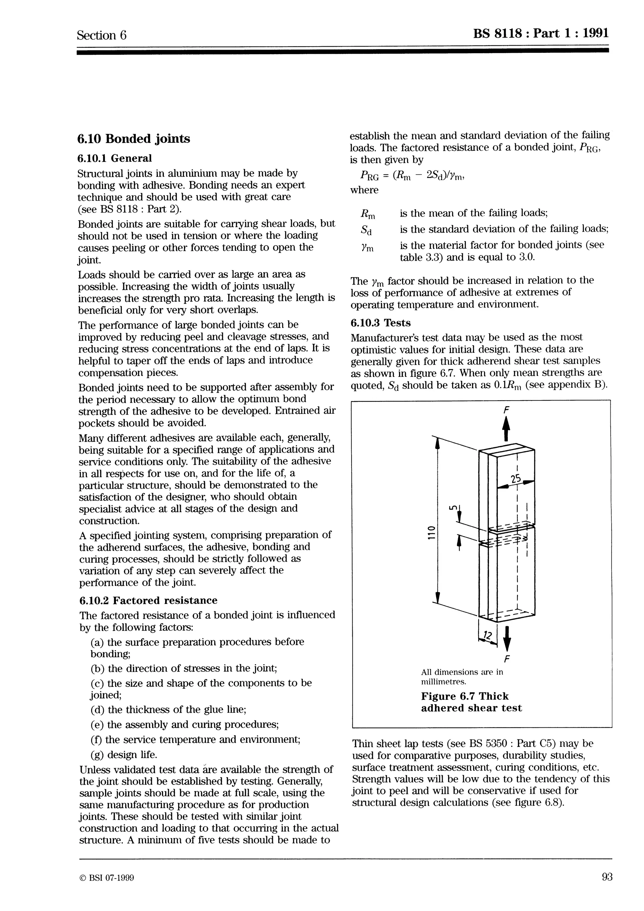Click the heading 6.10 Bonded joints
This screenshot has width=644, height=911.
click(134, 139)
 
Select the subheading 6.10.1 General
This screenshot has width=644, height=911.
click(115, 158)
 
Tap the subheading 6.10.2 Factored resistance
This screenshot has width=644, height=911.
click(148, 600)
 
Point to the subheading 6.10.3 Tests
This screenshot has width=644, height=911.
click(380, 323)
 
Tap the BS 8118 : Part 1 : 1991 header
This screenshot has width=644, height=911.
click(541, 33)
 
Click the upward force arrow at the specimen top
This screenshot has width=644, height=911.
click(506, 430)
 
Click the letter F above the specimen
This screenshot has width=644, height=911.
click(506, 410)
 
